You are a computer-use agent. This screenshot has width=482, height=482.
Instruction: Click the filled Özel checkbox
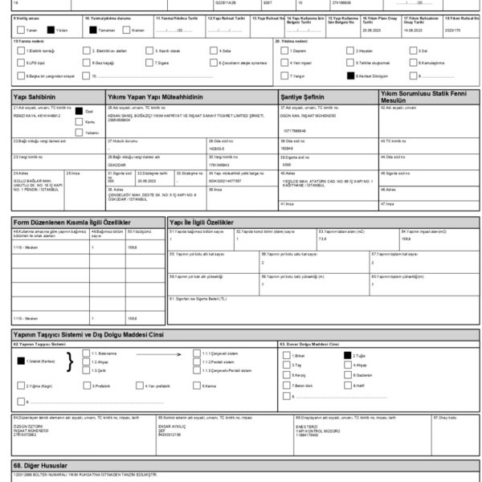click(x=79, y=112)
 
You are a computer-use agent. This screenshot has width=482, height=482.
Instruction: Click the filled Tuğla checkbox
click(x=346, y=354)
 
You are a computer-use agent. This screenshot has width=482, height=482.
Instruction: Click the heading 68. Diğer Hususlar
click(x=39, y=465)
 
